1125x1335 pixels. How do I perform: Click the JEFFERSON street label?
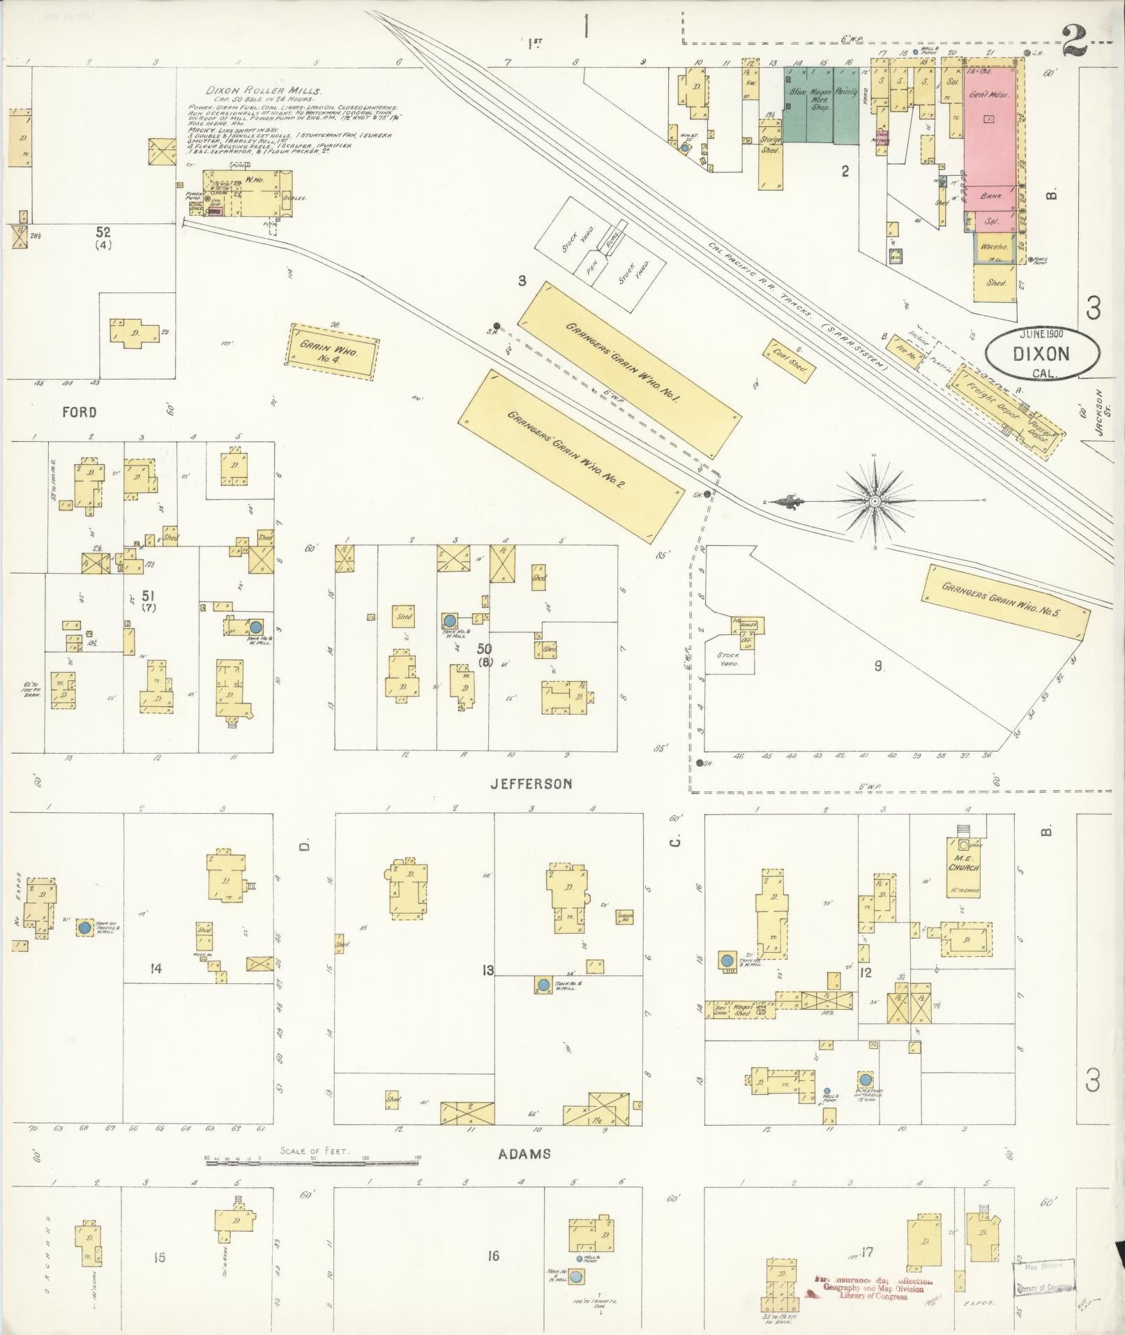pos(531,784)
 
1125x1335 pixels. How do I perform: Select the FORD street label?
pos(80,412)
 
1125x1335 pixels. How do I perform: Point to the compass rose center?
pos(874,501)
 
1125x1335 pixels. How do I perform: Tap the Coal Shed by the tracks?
pos(789,359)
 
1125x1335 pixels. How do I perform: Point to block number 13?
pos(488,970)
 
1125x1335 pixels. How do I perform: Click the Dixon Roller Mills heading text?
pos(264,91)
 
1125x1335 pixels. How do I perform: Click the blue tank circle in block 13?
pos(543,985)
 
